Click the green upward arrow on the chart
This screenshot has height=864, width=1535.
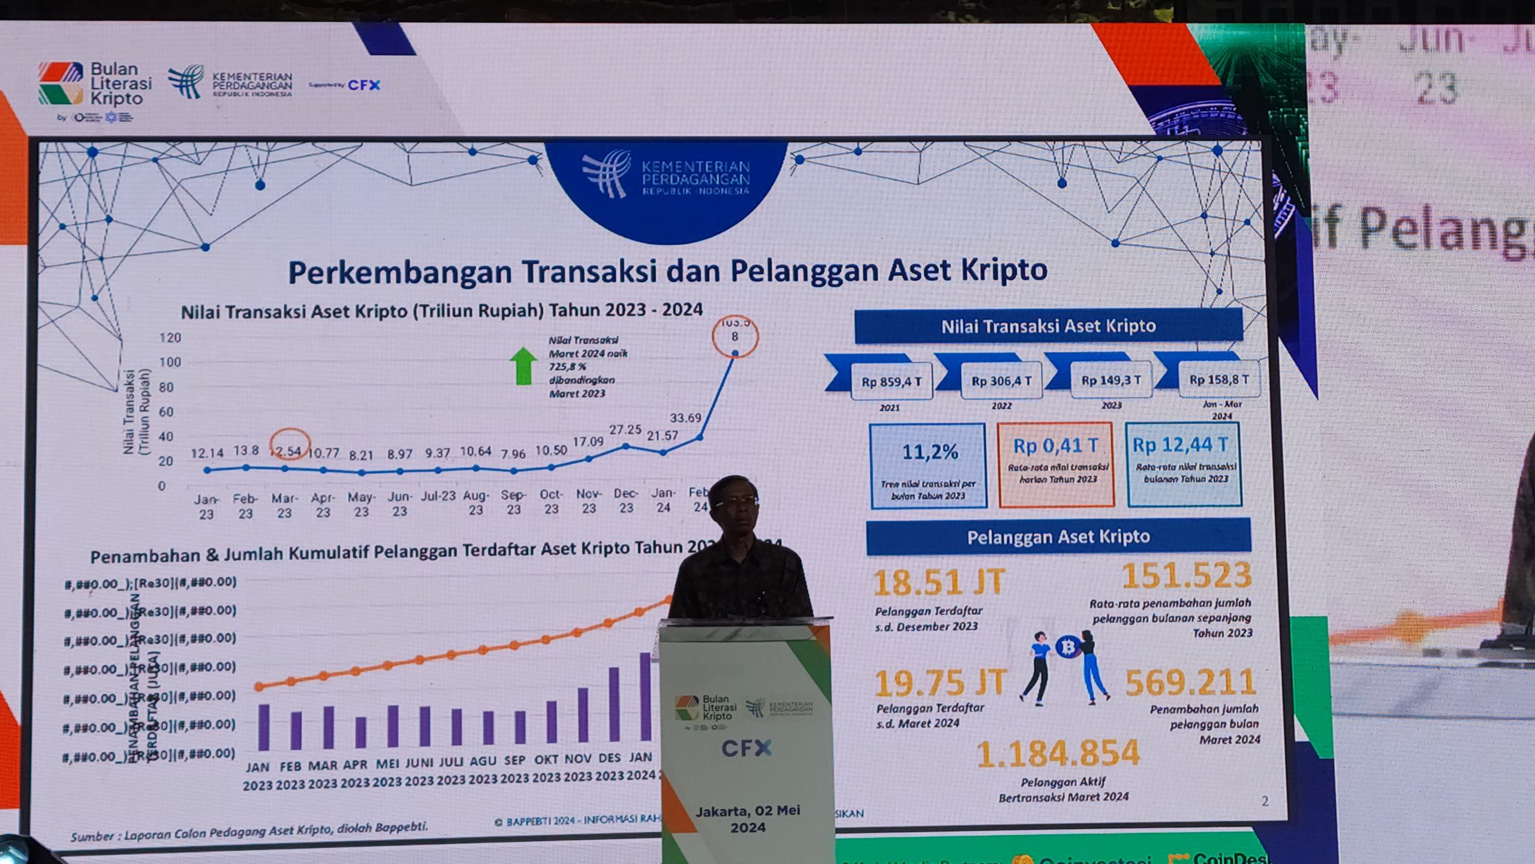pos(523,366)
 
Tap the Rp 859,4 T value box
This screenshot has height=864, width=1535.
pos(892,382)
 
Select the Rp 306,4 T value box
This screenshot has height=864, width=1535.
pos(1001,381)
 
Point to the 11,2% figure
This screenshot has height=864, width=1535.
pos(929,452)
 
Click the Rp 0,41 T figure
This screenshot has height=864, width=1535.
pos(1056,446)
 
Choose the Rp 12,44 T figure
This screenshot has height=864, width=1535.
pos(1180,445)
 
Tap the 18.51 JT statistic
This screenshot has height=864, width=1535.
pos(939,583)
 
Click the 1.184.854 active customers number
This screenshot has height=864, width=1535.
pos(1058,754)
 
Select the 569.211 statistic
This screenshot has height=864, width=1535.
pos(1190,683)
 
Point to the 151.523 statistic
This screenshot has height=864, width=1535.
pos(1187,575)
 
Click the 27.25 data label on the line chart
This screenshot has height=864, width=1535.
pos(625,430)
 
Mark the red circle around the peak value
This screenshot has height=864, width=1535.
pos(735,337)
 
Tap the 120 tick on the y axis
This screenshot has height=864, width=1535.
pos(170,338)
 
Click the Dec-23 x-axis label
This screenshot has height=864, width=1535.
pos(626,500)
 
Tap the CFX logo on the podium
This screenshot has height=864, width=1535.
pos(747,748)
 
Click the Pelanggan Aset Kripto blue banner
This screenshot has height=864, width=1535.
pos(1058,536)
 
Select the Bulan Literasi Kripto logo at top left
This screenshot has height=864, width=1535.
pos(95,85)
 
